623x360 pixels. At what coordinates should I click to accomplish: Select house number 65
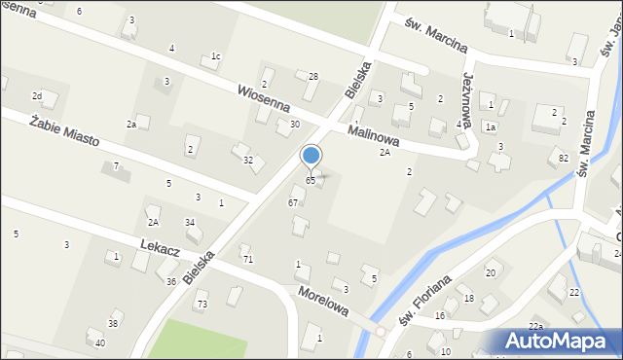point(311,181)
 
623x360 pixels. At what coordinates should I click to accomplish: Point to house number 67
point(293,202)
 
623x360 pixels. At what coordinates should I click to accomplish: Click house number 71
point(247,260)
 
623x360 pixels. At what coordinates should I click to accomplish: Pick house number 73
point(202,305)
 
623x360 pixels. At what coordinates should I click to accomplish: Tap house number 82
point(564,158)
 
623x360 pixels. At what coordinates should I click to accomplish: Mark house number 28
point(313,76)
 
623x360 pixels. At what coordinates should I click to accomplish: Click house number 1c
point(216,56)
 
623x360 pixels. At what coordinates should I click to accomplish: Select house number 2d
point(37,95)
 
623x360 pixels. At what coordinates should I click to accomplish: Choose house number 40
point(100,343)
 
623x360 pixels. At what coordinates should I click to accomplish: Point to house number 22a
point(535,325)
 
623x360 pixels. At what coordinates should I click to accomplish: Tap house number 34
point(191,223)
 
